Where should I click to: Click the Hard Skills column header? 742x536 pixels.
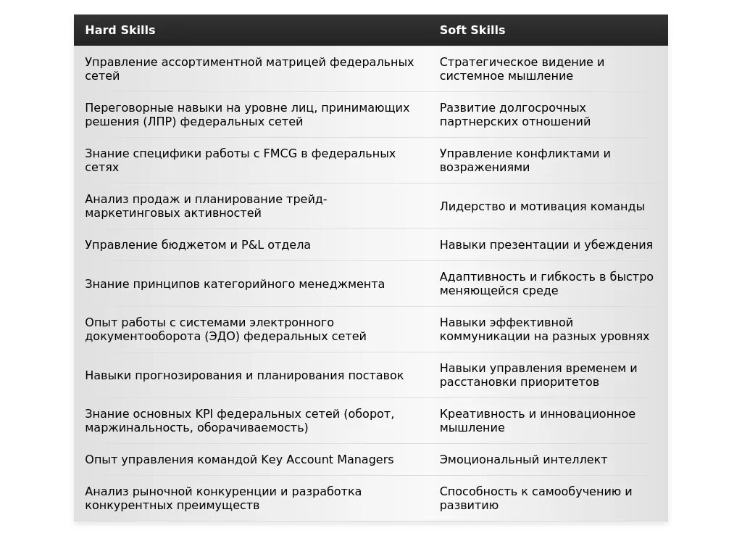pyautogui.click(x=120, y=30)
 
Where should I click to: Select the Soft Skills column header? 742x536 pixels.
pyautogui.click(x=472, y=30)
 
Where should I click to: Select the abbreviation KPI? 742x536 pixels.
pyautogui.click(x=203, y=413)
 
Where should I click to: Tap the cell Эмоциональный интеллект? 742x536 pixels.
pyautogui.click(x=523, y=459)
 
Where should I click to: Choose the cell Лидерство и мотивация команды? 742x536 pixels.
pyautogui.click(x=542, y=206)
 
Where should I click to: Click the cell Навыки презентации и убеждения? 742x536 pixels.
pyautogui.click(x=546, y=244)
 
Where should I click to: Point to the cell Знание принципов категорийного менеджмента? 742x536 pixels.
pyautogui.click(x=235, y=284)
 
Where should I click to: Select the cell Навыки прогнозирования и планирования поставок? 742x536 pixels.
pyautogui.click(x=244, y=375)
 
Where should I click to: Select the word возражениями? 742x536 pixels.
pyautogui.click(x=485, y=168)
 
